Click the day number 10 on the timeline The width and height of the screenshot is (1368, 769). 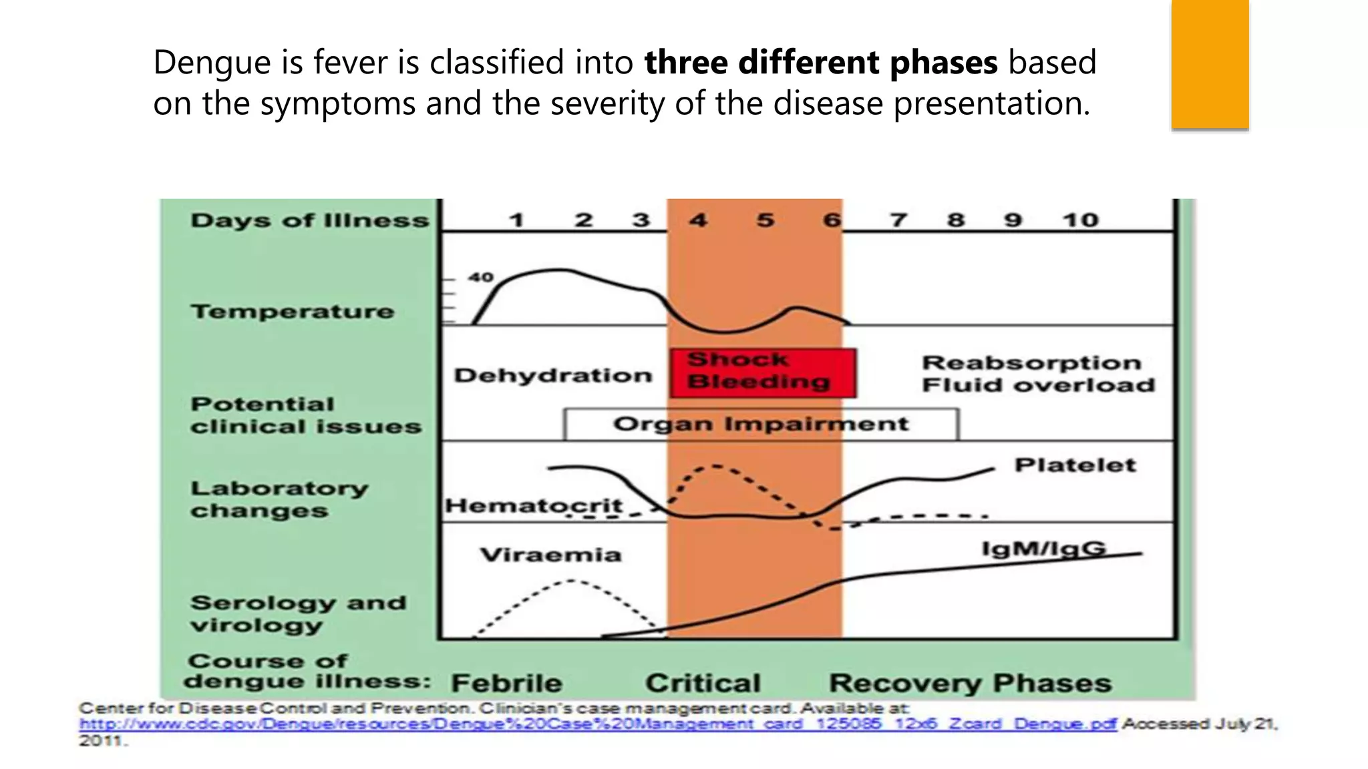pos(1080,220)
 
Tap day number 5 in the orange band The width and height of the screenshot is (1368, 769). pos(765,220)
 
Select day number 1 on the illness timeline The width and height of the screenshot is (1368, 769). pos(516,220)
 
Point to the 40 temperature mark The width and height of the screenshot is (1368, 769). pos(480,277)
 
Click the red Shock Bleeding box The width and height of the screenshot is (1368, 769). pos(763,372)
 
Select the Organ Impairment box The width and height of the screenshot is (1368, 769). pos(761,425)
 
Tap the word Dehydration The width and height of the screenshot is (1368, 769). pos(553,375)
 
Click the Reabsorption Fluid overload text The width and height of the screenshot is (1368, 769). pos(1038,374)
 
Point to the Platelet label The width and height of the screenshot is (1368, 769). pos(1075,465)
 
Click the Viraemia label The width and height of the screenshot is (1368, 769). pos(550,555)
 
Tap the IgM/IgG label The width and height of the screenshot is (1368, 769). pos(1043,549)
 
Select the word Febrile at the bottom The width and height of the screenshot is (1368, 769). pos(506,683)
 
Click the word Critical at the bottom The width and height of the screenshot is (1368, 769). pos(703,683)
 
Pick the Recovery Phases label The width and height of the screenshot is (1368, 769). pos(970,683)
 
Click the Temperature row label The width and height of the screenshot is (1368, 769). pos(293,312)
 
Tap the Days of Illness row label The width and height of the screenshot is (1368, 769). pos(309,220)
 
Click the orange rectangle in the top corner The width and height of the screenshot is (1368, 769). pos(1210,64)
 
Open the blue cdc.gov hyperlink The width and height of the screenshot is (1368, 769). pos(597,724)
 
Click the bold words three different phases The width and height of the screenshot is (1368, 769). pos(821,62)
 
